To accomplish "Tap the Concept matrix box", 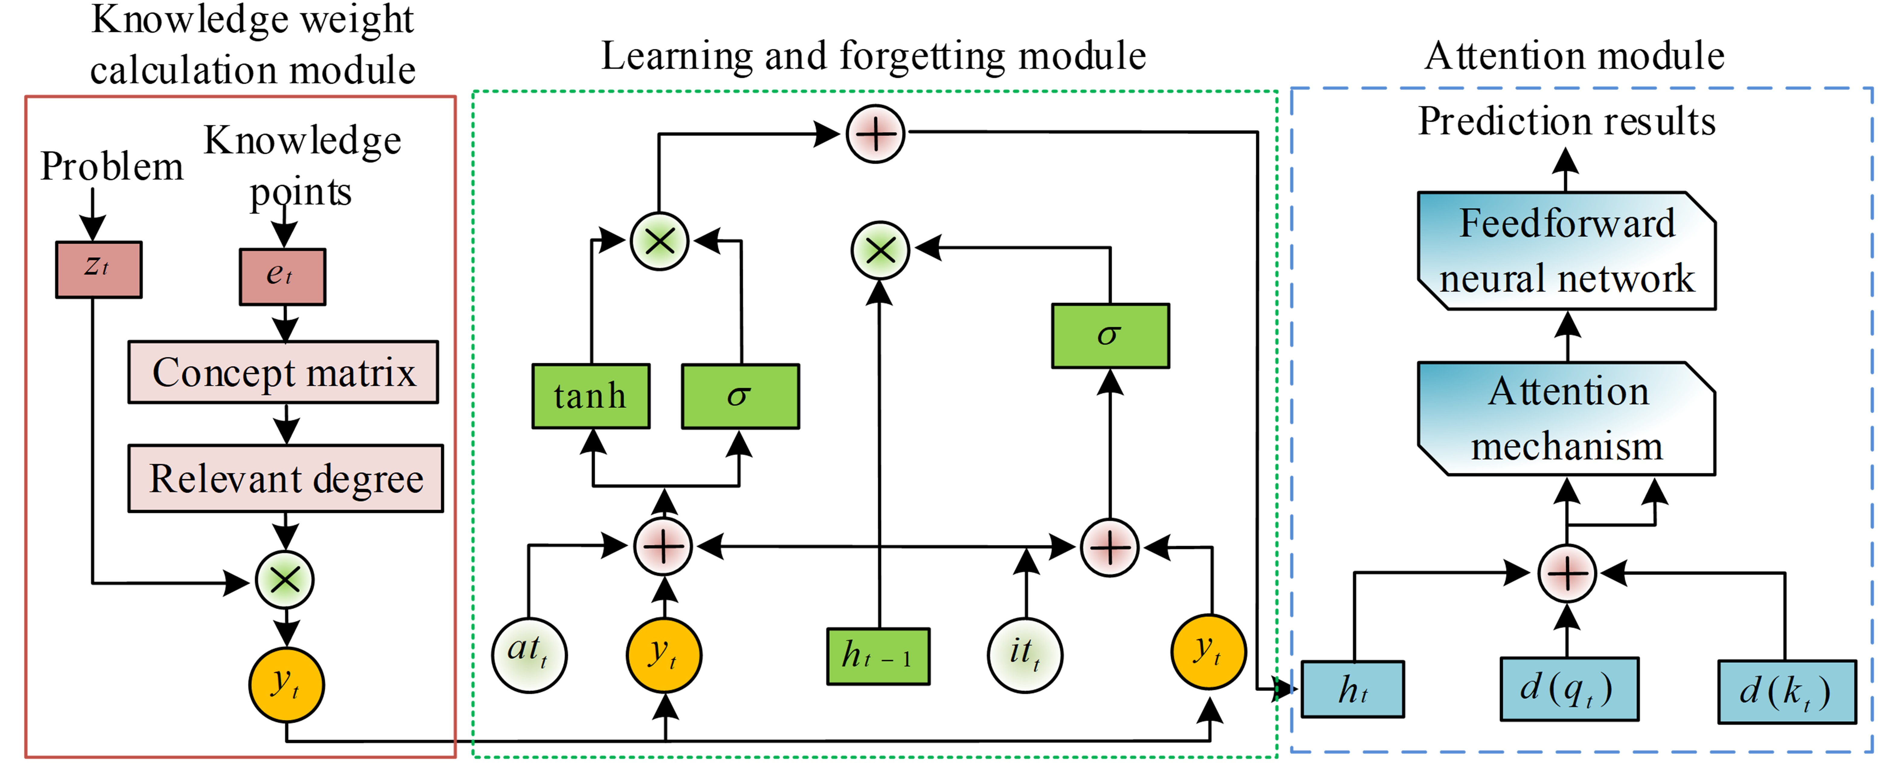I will pos(284,372).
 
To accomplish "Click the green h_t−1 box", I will pos(878,656).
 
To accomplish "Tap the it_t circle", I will pos(1025,654).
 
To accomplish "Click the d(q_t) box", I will pos(1569,689).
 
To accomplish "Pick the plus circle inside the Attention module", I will pos(1567,573).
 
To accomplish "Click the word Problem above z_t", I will pos(111,166).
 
